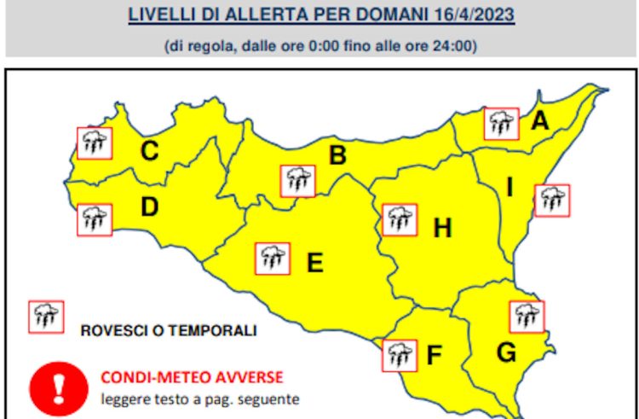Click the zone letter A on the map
pos(538,122)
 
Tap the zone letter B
pos(337,156)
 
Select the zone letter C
pos(149,152)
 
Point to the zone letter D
pos(149,207)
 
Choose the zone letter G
pos(506,350)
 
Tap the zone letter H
pos(441,228)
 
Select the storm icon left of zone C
pos(94,143)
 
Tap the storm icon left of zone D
pos(94,219)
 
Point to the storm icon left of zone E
pos(273,258)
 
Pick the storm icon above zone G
pos(527,316)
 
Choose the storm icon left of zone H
pos(399,219)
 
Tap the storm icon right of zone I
pos(552,201)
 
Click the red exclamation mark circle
pos(59,387)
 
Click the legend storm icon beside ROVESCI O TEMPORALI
pos(45,317)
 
